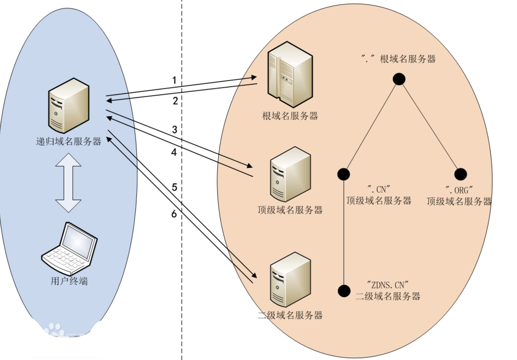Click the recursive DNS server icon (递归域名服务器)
[69, 106]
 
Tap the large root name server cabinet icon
[290, 74]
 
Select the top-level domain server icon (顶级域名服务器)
[290, 174]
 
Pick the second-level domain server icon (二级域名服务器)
[290, 280]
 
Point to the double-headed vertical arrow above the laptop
[68, 183]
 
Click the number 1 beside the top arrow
[174, 80]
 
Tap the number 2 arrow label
[175, 101]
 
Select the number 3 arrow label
[175, 130]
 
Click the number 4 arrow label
[174, 152]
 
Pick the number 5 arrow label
[174, 187]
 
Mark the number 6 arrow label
[174, 214]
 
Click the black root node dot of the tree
[399, 79]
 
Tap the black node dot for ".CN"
[344, 174]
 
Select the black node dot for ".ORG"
[460, 174]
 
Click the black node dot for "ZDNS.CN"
[344, 291]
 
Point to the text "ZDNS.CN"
[388, 285]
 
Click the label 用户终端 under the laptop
[69, 281]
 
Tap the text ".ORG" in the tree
[459, 190]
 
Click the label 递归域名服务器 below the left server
[68, 141]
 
